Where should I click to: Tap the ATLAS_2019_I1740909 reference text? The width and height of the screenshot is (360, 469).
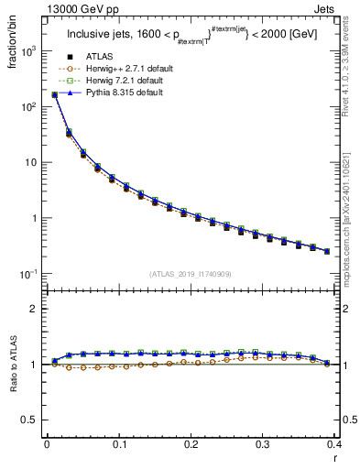[191, 274]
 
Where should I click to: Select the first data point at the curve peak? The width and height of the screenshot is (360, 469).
[54, 94]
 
